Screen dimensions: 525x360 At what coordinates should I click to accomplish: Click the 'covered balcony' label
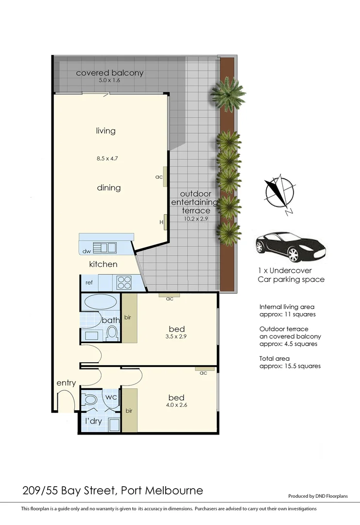click(x=110, y=73)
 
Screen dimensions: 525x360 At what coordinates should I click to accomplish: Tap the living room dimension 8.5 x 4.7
click(x=105, y=157)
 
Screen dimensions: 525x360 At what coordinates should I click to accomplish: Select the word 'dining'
click(x=109, y=188)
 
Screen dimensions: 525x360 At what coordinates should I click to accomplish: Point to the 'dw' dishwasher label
click(x=87, y=251)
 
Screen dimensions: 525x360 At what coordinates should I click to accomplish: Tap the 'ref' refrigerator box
click(x=89, y=282)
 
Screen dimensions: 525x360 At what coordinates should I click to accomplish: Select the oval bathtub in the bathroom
click(x=101, y=302)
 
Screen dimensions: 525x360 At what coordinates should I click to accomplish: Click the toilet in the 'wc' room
click(x=91, y=400)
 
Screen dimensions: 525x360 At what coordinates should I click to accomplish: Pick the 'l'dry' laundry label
click(x=93, y=421)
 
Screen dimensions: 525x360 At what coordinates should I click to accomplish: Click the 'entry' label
click(x=66, y=383)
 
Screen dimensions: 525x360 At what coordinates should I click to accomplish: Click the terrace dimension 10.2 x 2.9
click(x=196, y=219)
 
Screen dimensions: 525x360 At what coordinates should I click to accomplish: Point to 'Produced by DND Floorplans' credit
click(x=318, y=496)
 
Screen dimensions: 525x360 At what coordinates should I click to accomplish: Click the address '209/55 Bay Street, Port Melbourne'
click(x=113, y=490)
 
